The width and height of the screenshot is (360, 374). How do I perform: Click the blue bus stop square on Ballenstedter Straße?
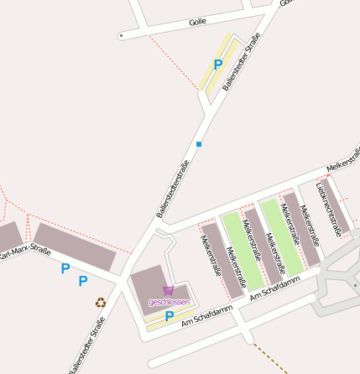coord(199,144)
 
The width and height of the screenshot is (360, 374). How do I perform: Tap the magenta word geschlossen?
coord(169,301)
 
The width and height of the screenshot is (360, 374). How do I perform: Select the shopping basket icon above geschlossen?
coord(168,291)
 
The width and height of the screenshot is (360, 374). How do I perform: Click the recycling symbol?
coord(101,303)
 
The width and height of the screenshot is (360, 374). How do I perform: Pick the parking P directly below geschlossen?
coord(169,316)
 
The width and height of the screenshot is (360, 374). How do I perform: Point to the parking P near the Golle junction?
coord(218,64)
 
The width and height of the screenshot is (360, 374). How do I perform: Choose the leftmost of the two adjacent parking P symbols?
coord(65,269)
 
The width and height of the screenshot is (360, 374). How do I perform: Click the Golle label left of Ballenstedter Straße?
coord(197,22)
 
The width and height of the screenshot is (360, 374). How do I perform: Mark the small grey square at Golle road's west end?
coord(121,36)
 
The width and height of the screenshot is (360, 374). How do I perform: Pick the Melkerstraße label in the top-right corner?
coord(342,164)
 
